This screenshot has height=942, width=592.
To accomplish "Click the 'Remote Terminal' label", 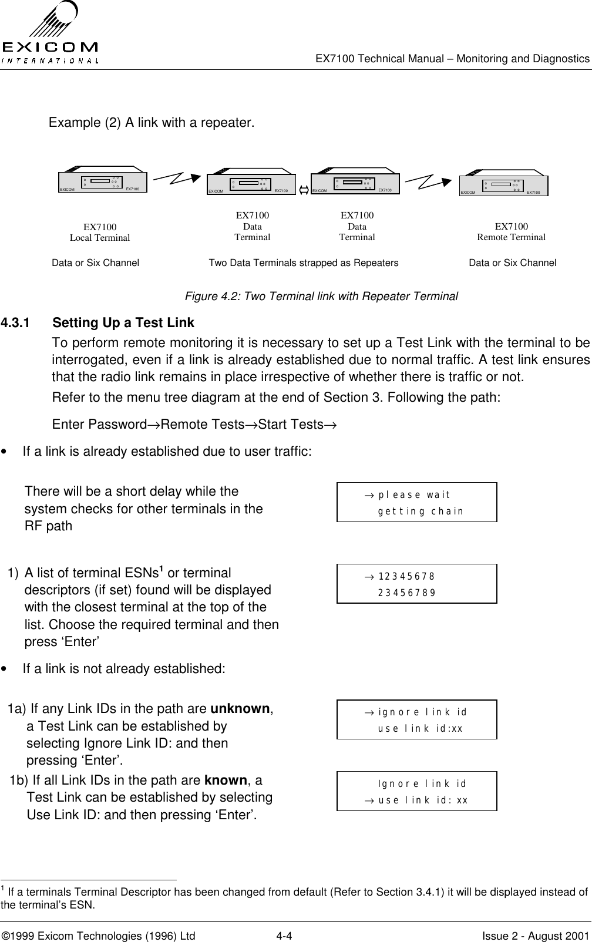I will point(512,237).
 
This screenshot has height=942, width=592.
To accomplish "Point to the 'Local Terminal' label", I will point(100,238).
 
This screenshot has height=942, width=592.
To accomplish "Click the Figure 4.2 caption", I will point(321,296).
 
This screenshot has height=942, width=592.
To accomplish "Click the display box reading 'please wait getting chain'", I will point(416,502).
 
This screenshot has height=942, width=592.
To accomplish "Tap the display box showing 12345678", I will point(416,583).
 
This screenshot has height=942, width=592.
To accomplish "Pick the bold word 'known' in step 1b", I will point(226,780).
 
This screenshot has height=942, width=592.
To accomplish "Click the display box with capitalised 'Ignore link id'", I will point(416,791).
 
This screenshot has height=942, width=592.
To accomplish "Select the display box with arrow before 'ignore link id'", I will point(416,719).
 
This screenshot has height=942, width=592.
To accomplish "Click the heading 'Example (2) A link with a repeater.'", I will point(152,123).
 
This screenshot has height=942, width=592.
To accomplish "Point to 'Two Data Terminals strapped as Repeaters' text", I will point(304,263).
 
